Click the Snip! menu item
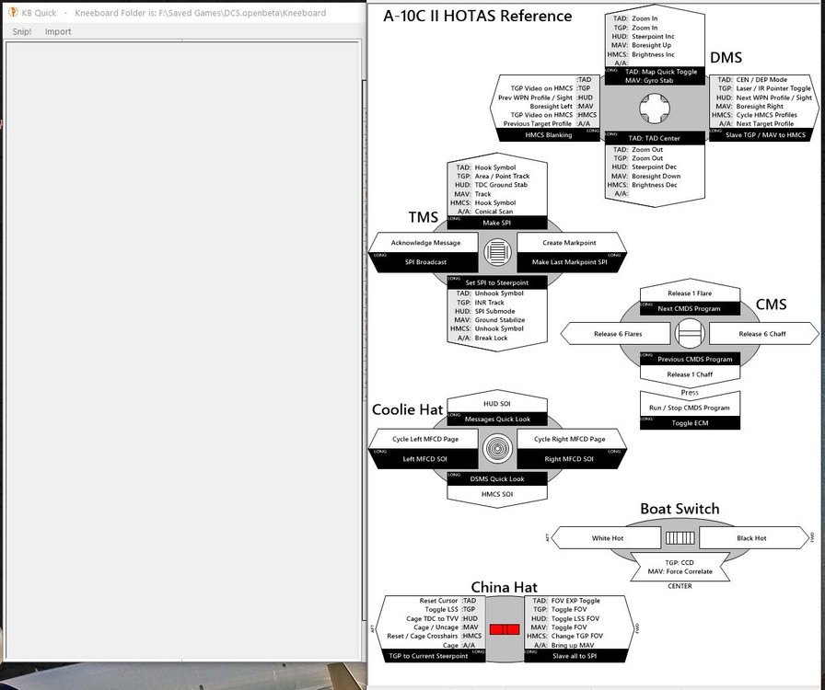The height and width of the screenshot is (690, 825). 21,31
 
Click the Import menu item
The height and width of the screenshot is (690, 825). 58,31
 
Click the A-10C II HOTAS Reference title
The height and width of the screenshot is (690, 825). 478,16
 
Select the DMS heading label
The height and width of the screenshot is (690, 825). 726,58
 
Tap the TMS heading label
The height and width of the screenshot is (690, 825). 424,218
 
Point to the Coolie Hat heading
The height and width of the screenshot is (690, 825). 407,409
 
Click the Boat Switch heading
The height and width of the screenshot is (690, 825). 680,509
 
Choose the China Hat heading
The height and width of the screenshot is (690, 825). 504,587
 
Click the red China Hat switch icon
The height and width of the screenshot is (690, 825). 505,629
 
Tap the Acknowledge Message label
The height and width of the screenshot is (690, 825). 424,243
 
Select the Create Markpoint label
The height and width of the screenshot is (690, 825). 570,243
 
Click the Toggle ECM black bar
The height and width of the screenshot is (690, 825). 690,422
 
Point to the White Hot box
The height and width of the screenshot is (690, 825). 608,538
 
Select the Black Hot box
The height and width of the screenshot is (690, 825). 751,538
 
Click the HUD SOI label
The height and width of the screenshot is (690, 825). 497,404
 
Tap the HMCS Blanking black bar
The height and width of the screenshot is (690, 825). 549,135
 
